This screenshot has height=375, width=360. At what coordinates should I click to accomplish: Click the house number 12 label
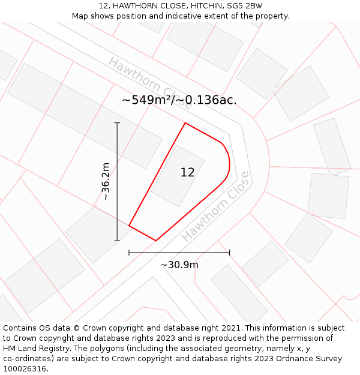[x=187, y=173]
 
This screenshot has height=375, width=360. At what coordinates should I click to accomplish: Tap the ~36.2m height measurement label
[x=106, y=181]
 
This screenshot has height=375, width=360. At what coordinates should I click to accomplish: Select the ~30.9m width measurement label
[x=179, y=265]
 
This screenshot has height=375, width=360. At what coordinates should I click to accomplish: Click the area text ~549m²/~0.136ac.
[x=179, y=100]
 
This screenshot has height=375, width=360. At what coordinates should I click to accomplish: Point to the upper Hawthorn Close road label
[x=151, y=83]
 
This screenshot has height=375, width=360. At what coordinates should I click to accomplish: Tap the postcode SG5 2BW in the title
[x=246, y=6]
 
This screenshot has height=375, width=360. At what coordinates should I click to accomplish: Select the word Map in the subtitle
[x=80, y=16]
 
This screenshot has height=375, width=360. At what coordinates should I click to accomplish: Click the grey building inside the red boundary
[x=177, y=175]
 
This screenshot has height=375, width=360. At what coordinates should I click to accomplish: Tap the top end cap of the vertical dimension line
[x=117, y=123]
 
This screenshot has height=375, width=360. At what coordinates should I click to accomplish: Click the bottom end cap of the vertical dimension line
[x=117, y=241]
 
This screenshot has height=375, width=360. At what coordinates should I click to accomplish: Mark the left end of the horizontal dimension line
[x=129, y=253]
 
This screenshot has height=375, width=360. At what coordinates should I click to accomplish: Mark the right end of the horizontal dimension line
[x=229, y=253]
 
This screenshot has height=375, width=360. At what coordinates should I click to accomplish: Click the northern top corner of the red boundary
[x=185, y=123]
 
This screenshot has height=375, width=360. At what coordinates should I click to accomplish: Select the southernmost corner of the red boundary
[x=156, y=241]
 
